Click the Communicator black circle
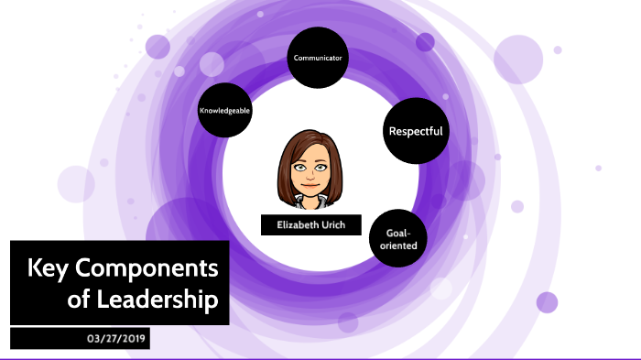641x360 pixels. click(x=318, y=58)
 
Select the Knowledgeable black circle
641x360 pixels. click(x=224, y=110)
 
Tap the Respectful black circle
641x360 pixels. click(x=415, y=131)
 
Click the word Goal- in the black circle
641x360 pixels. click(x=399, y=233)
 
